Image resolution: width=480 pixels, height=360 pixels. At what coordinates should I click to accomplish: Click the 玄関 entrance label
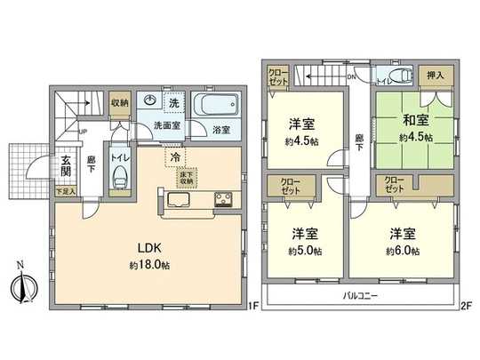66,166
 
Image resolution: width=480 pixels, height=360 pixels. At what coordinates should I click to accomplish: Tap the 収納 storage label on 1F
120,103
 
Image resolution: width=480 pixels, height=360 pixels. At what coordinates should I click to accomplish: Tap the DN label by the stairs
352,76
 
